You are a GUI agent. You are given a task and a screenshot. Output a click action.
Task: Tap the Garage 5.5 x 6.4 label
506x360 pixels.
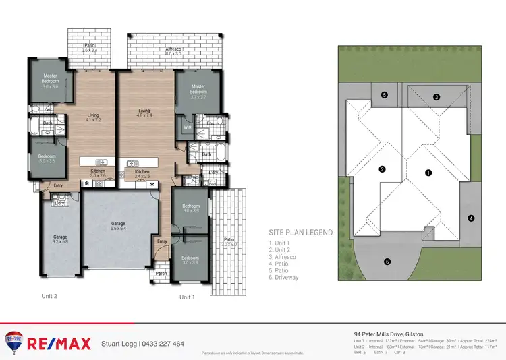coord(118,226)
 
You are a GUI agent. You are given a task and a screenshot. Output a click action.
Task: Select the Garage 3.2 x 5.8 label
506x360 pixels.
coord(61,239)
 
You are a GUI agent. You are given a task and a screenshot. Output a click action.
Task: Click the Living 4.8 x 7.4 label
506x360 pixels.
coord(144,113)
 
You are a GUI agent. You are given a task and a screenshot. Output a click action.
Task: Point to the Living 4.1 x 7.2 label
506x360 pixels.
coord(93,117)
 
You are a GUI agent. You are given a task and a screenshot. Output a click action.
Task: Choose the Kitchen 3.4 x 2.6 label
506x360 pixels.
coord(142,174)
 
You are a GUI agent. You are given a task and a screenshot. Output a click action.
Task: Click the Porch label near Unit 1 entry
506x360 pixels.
coord(162,274)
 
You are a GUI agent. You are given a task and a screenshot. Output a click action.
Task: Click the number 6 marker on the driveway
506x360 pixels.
coord(387,262)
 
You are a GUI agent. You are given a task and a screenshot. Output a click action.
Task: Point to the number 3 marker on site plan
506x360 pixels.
coord(437,97)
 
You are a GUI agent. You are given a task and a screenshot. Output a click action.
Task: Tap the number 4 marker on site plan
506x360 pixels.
coord(471,218)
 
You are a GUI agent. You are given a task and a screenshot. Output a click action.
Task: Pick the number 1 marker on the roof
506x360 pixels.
coord(428,173)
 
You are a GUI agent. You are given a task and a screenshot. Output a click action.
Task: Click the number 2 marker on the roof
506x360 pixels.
coord(382,169)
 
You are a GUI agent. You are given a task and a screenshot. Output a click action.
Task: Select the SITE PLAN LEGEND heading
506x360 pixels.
coord(300,233)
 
